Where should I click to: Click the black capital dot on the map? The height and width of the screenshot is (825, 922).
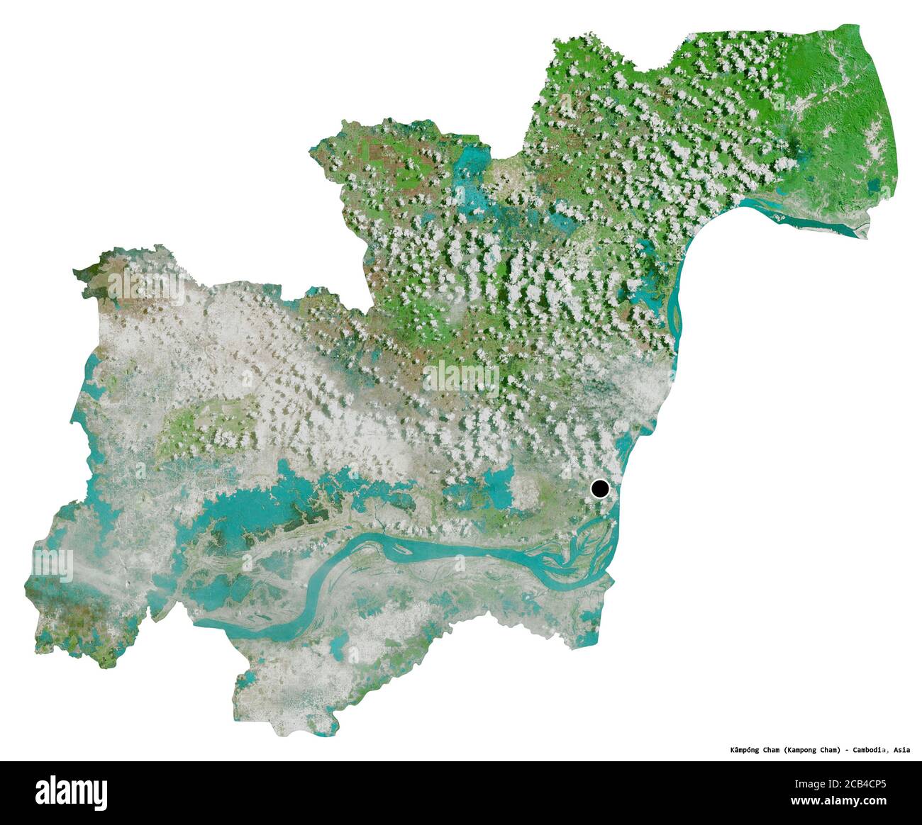coord(600,488)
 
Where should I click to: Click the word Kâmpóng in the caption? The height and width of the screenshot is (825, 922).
coord(746,749)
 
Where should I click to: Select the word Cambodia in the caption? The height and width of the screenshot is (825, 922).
coord(872,749)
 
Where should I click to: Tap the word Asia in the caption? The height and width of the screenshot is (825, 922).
coord(901,749)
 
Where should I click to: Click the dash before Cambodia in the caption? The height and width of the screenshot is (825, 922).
coord(847,749)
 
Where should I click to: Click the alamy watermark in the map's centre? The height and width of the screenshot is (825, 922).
coord(461,377)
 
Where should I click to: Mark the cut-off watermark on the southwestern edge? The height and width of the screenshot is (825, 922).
coord(53,566)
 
